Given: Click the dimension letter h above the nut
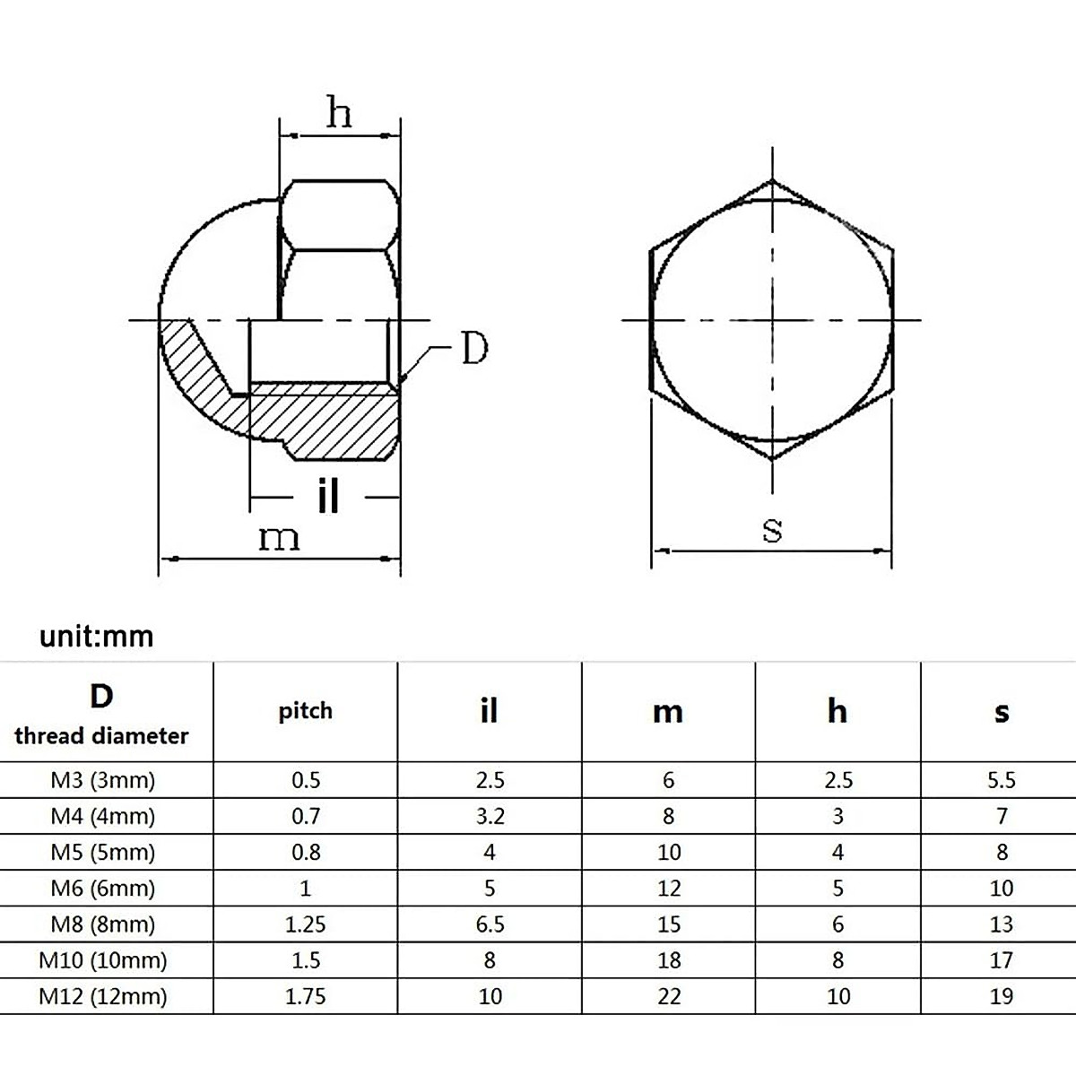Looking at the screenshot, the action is tap(339, 114).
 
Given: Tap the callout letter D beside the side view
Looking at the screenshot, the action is tap(474, 349).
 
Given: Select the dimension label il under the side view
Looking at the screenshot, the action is tap(328, 495).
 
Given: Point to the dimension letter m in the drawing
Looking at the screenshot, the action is tap(279, 538).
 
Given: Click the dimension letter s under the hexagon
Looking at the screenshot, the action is tap(772, 529).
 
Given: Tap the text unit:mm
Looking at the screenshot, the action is tap(97, 637).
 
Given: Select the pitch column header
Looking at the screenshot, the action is tap(306, 711).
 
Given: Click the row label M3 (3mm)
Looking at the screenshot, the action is tap(102, 780).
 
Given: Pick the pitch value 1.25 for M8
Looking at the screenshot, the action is tap(306, 924).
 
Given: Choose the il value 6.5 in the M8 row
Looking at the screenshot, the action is tap(490, 924).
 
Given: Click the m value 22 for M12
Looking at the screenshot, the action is tap(669, 996).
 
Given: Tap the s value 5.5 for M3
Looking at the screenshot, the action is tap(1001, 780).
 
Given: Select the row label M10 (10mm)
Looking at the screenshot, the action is tap(102, 960).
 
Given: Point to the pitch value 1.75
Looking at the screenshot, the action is tap(306, 996).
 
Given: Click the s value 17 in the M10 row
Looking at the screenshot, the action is tap(1001, 960).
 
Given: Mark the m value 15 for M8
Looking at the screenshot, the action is tap(669, 924).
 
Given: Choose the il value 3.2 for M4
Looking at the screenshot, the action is tap(490, 816).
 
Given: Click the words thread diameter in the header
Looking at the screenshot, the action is tap(102, 736).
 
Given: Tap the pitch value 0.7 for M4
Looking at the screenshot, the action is tap(306, 816).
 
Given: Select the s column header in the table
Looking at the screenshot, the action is tap(1002, 713).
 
